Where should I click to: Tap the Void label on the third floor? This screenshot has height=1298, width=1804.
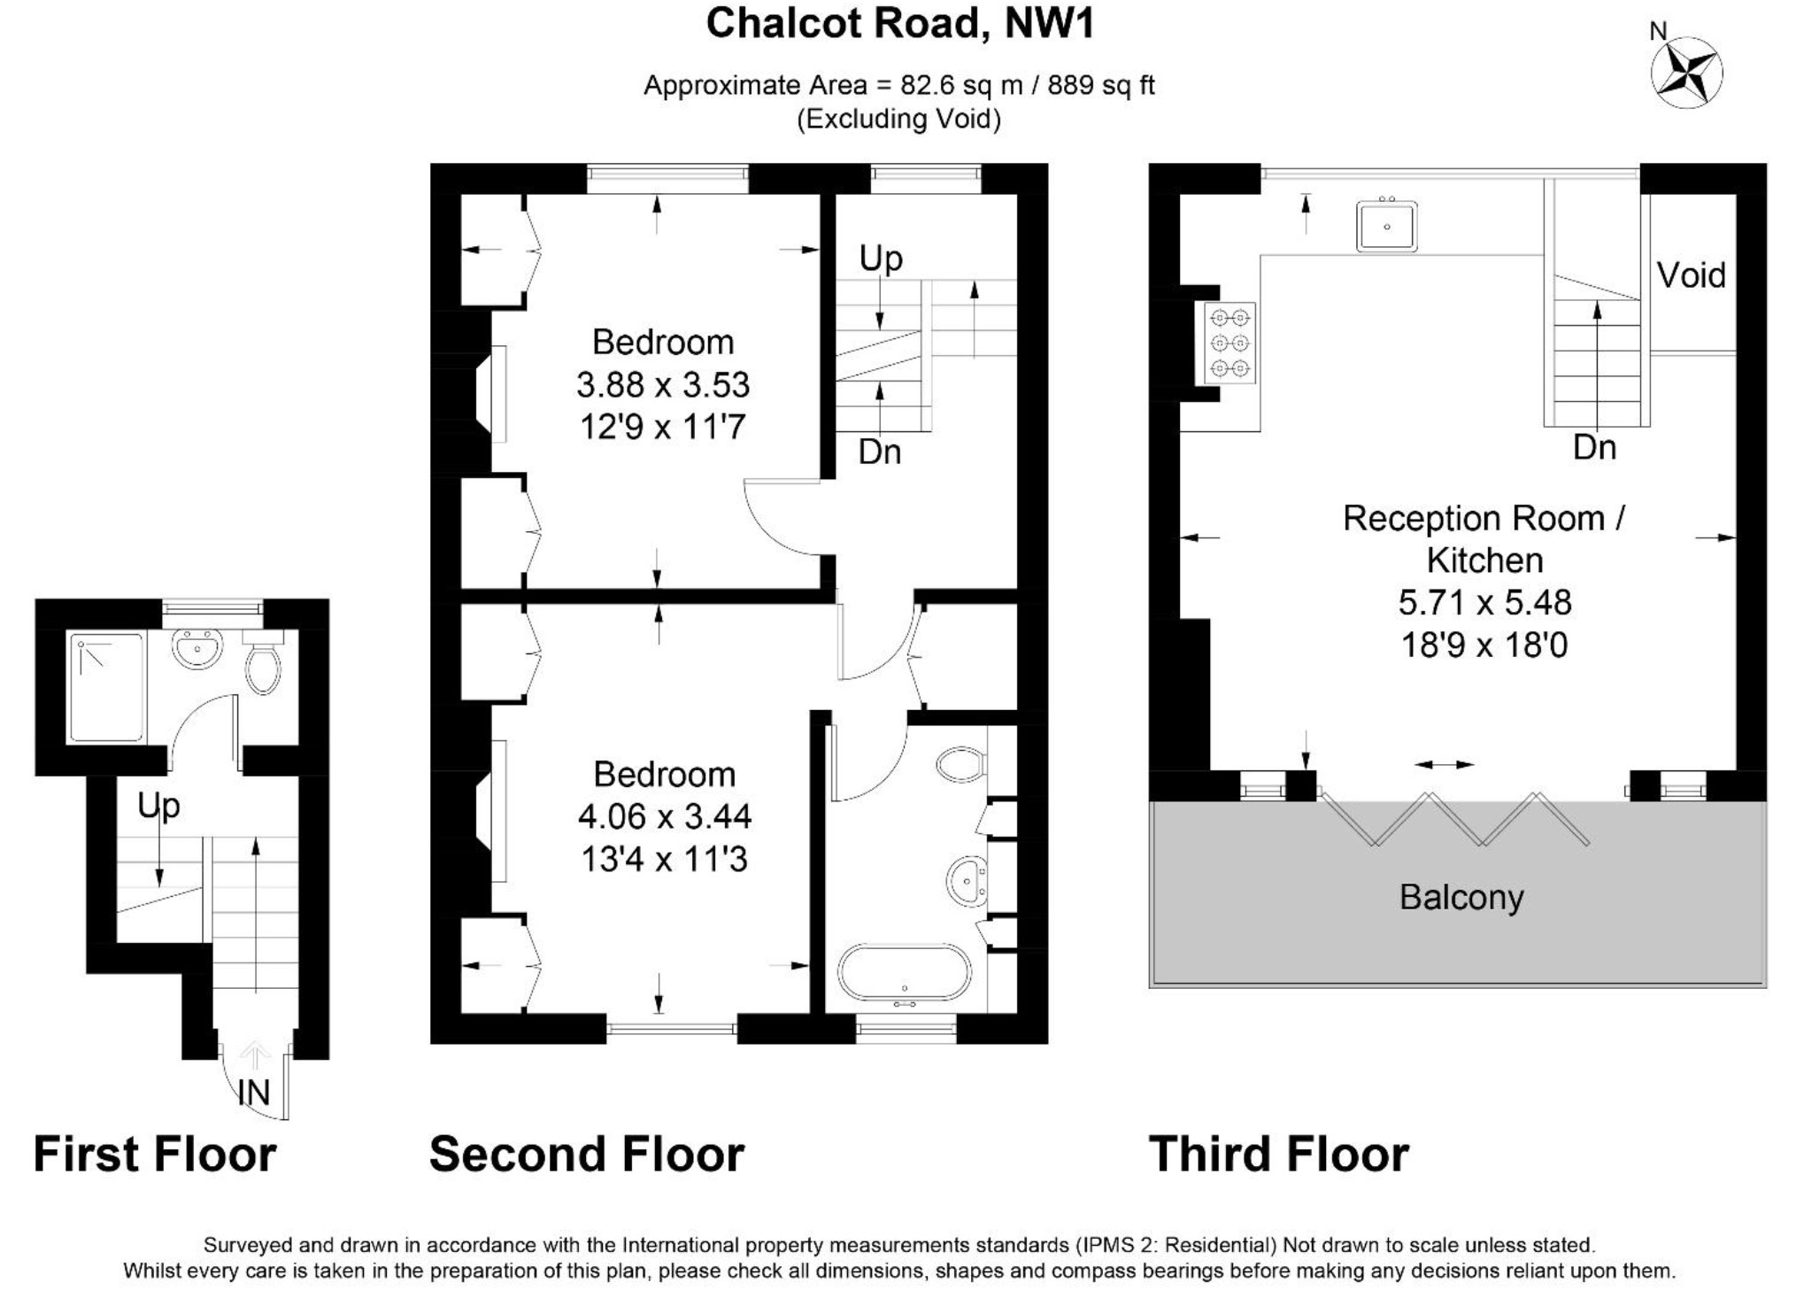coord(1691,275)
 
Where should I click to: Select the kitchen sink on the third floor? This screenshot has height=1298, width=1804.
coord(1386,226)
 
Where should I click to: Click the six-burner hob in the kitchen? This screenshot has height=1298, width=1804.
coord(1230,344)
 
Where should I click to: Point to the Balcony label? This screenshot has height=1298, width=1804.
coord(1461,897)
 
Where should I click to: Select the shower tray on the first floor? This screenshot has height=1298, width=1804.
coord(105,687)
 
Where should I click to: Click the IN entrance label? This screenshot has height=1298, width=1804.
coord(254,1093)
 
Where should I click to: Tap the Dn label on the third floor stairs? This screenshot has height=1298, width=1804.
coord(1595,448)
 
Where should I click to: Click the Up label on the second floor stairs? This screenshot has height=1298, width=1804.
coord(881,259)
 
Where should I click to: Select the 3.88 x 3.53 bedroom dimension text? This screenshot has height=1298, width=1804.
coord(663,385)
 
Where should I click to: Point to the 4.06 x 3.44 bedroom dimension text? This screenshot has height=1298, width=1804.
coord(665,816)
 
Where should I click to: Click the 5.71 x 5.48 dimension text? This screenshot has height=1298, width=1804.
coord(1484,603)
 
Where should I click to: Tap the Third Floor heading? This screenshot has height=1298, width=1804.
coord(1278,1155)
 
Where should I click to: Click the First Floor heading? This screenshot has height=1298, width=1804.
coord(155,1155)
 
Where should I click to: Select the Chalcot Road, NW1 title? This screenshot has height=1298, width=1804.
coord(900,24)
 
